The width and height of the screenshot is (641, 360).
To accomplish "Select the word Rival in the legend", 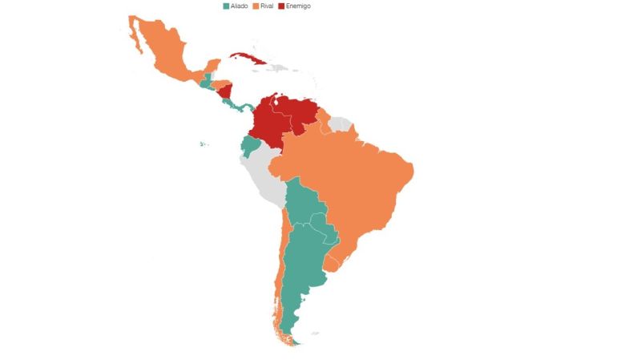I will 268,6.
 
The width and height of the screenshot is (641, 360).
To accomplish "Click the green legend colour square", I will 227,6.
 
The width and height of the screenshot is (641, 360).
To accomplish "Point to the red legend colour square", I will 281,6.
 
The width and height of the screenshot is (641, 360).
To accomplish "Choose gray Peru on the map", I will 264,180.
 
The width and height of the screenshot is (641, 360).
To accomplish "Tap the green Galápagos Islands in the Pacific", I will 204,144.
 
